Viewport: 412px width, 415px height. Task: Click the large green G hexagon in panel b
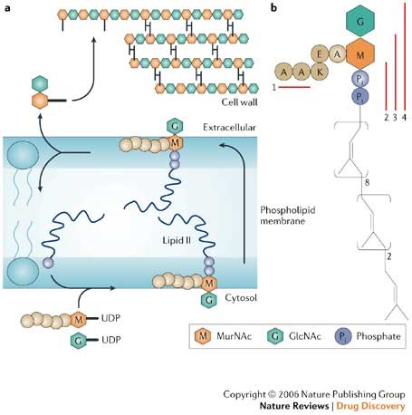(360, 22)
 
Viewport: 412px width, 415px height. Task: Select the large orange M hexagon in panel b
(360, 54)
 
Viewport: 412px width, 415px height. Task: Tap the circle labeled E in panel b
(320, 55)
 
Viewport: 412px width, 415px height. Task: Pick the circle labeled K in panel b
(320, 72)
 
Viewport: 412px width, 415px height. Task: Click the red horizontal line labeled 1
(294, 87)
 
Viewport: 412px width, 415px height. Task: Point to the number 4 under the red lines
(404, 118)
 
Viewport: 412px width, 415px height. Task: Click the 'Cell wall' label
(239, 101)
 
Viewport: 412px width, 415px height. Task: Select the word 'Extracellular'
(229, 127)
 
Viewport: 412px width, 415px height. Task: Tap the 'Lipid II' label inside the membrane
(177, 240)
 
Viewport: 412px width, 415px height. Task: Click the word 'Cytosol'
(241, 298)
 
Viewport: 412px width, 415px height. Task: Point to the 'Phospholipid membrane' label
(288, 216)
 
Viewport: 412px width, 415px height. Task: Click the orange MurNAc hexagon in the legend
(203, 336)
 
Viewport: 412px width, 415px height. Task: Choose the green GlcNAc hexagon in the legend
(275, 336)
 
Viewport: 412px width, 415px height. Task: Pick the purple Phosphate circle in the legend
(342, 336)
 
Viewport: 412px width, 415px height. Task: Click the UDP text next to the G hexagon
(111, 340)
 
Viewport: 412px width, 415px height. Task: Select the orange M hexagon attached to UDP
(79, 319)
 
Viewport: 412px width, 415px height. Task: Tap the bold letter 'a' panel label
(7, 8)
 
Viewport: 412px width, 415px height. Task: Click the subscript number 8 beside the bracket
(367, 182)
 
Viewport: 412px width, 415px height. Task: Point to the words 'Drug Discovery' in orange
(370, 406)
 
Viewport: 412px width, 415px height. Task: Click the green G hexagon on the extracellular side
(175, 127)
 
